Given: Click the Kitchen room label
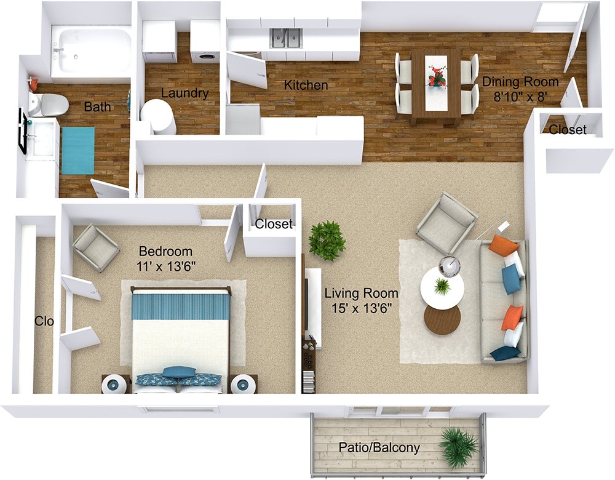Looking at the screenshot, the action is pyautogui.click(x=306, y=85).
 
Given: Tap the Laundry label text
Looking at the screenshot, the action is pyautogui.click(x=184, y=94).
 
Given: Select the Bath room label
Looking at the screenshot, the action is pyautogui.click(x=97, y=106).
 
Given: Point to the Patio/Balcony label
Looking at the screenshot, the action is pyautogui.click(x=379, y=447).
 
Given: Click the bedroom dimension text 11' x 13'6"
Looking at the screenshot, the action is pyautogui.click(x=166, y=266).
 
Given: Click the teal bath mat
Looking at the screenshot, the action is pyautogui.click(x=78, y=150).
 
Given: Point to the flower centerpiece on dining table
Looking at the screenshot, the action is pyautogui.click(x=437, y=75).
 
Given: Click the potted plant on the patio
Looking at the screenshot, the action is pyautogui.click(x=458, y=447).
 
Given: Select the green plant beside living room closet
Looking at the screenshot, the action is pyautogui.click(x=327, y=241).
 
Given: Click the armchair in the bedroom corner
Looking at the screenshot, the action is pyautogui.click(x=96, y=247).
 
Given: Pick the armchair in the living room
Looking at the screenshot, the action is pyautogui.click(x=446, y=223).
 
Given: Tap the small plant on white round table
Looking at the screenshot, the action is pyautogui.click(x=442, y=287).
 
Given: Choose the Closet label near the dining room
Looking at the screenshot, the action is pyautogui.click(x=568, y=129).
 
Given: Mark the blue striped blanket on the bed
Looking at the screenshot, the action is pyautogui.click(x=180, y=306).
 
